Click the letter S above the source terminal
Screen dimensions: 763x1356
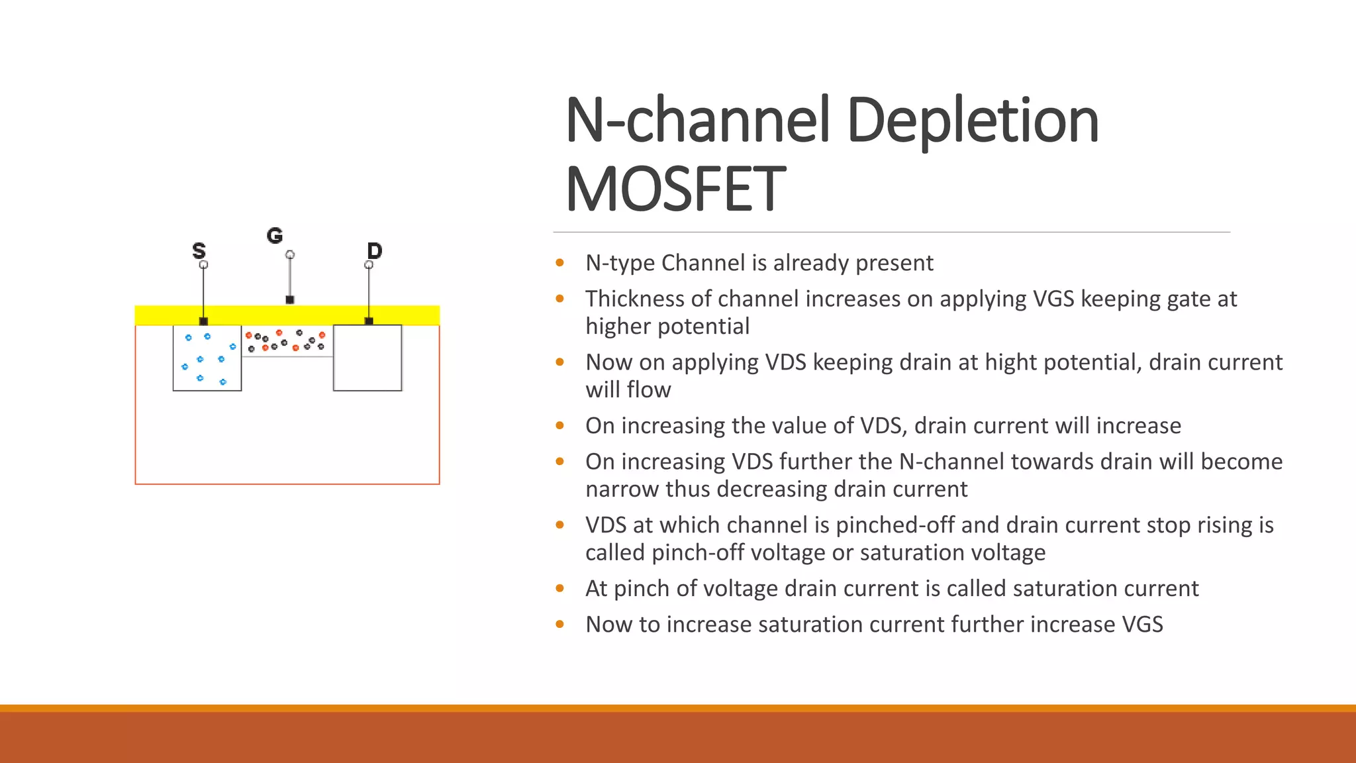pyautogui.click(x=199, y=250)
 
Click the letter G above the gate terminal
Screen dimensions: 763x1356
pyautogui.click(x=275, y=235)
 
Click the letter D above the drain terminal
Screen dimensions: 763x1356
pyautogui.click(x=374, y=250)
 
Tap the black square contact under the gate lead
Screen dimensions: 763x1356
pyautogui.click(x=289, y=300)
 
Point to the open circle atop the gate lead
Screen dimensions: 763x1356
pyautogui.click(x=289, y=254)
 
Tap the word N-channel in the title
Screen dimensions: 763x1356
pyautogui.click(x=697, y=121)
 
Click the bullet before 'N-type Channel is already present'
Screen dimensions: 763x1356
pyautogui.click(x=560, y=263)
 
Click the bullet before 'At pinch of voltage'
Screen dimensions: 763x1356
pyautogui.click(x=560, y=588)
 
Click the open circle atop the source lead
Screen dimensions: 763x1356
pyautogui.click(x=203, y=264)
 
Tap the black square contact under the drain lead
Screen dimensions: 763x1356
pyautogui.click(x=369, y=321)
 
